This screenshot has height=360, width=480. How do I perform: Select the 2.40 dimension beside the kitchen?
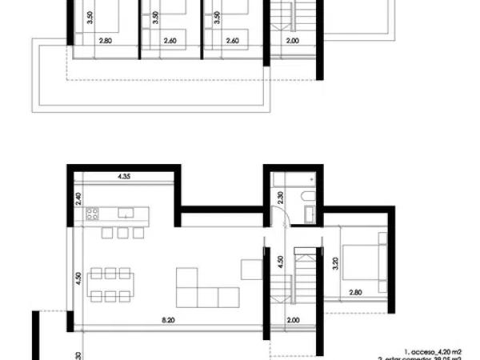click(78, 198)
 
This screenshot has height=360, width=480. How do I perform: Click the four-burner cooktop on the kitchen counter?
click(92, 214)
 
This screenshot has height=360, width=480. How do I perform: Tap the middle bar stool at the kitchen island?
click(122, 233)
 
